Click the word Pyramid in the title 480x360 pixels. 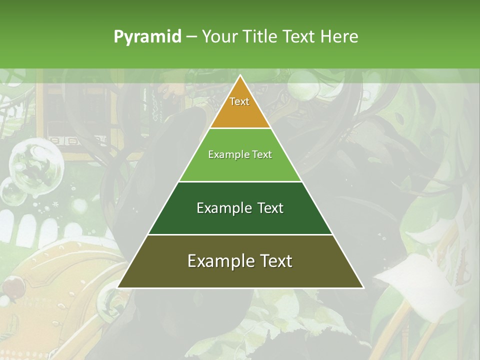point(147,37)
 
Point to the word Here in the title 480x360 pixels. point(339,36)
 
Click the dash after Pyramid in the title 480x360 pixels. point(191,37)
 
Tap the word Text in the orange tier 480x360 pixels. point(239,101)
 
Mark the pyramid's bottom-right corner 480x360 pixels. point(362,287)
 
